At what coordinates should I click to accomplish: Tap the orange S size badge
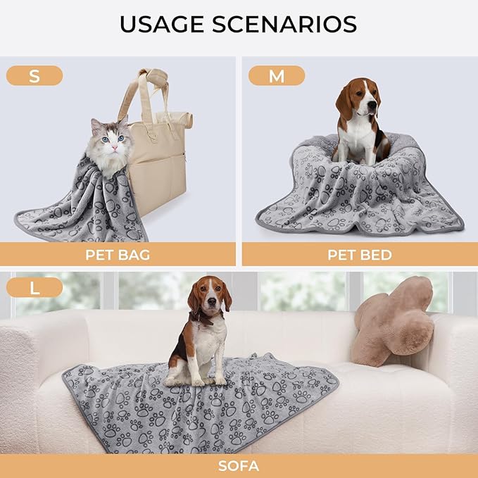34,76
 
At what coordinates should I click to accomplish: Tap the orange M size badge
277,76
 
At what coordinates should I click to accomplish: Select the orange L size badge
34,287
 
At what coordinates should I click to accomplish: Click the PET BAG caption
118,254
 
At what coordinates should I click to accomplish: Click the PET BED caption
359,254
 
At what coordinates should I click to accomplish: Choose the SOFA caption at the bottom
239,465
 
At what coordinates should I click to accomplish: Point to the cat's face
106,138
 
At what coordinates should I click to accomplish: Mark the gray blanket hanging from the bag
84,204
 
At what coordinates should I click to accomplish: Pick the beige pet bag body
158,162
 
